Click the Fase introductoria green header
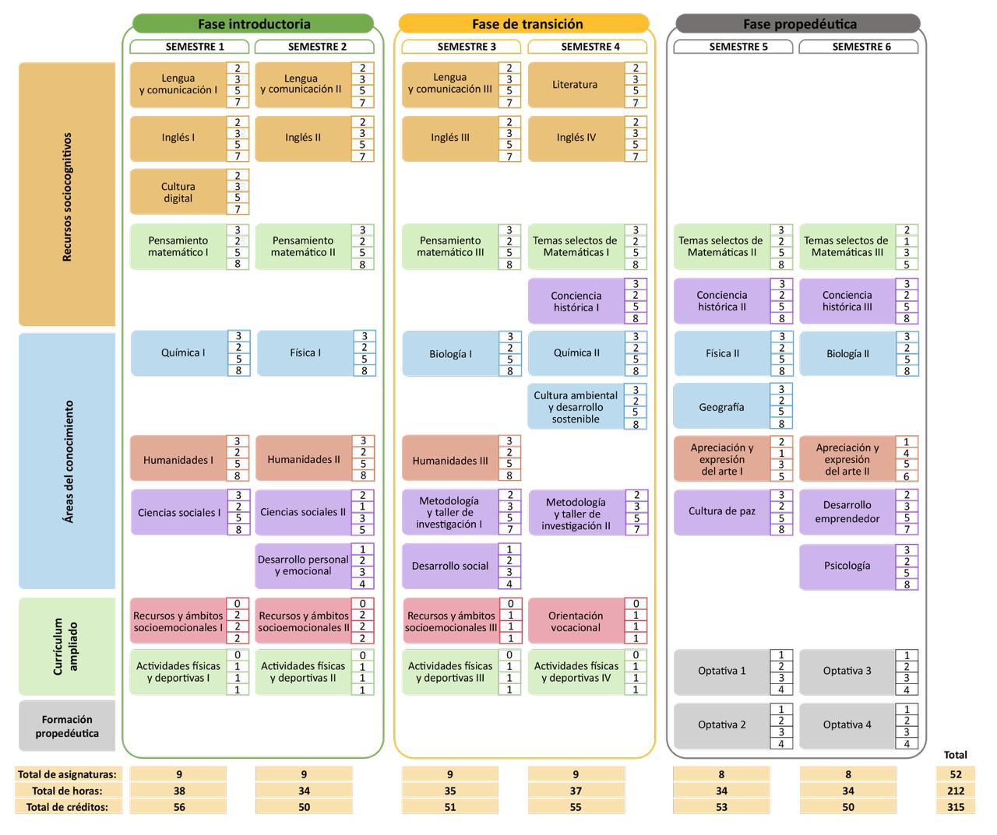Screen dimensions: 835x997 [253, 24]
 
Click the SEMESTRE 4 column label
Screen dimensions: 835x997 [590, 47]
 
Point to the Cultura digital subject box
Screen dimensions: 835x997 [178, 192]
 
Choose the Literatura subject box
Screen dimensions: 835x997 [576, 85]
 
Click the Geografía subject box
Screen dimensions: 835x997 [721, 407]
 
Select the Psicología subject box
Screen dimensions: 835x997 [847, 566]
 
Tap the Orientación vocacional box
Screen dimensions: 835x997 [576, 621]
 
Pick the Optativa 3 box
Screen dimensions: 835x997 [847, 671]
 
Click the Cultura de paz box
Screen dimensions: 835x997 [721, 511]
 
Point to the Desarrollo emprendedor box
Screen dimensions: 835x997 [847, 511]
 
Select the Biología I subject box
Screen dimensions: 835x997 [450, 354]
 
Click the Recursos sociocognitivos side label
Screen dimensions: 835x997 [67, 195]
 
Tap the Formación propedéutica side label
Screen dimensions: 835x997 [67, 726]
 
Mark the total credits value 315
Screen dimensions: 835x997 [956, 807]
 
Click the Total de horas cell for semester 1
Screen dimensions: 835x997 [179, 791]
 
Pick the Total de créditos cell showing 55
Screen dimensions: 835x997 [576, 807]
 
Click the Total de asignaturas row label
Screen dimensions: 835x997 [68, 774]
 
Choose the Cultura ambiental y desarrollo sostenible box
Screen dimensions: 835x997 [576, 407]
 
